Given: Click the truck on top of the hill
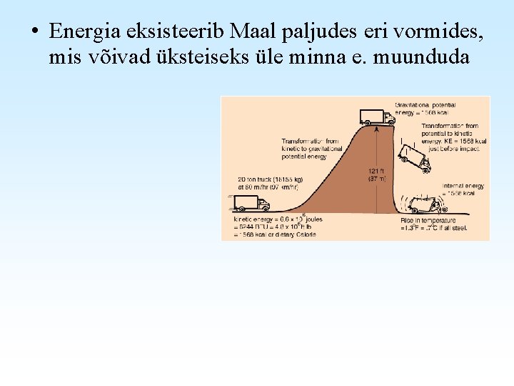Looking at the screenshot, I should (x=376, y=117).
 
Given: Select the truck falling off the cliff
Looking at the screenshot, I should (x=415, y=157).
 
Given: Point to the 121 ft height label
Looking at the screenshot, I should (x=376, y=171).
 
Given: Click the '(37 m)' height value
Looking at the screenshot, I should (x=376, y=179).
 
